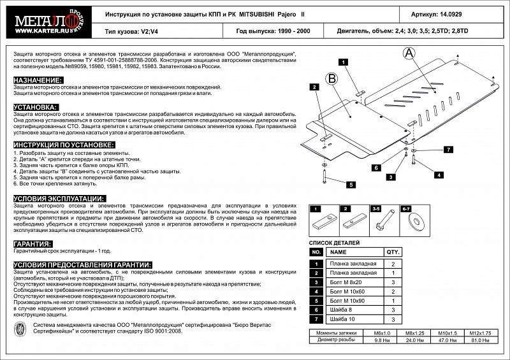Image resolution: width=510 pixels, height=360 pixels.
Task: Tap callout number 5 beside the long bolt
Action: [x=349, y=184]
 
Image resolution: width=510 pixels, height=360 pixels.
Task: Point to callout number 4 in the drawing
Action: [x=439, y=174]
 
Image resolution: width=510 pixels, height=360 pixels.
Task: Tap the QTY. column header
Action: [x=393, y=252]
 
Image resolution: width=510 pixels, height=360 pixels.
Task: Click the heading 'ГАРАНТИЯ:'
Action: [x=33, y=244]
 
